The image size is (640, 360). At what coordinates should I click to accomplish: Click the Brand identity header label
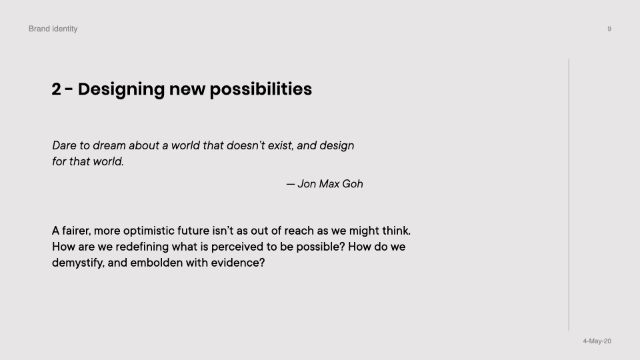53,29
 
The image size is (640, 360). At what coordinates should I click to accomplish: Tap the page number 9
609,29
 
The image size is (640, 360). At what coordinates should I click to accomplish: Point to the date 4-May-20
597,341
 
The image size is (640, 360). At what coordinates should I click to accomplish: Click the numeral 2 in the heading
56,89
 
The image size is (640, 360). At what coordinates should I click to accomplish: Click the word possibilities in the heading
261,89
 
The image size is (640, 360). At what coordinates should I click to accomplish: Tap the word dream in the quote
109,145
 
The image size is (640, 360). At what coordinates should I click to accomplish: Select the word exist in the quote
281,145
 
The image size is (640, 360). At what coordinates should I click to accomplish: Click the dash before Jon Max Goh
290,185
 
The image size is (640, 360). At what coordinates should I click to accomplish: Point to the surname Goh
352,184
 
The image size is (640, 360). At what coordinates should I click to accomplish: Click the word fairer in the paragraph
76,231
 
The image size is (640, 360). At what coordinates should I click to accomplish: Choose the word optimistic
149,231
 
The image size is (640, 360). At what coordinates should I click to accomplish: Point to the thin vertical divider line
569,195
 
